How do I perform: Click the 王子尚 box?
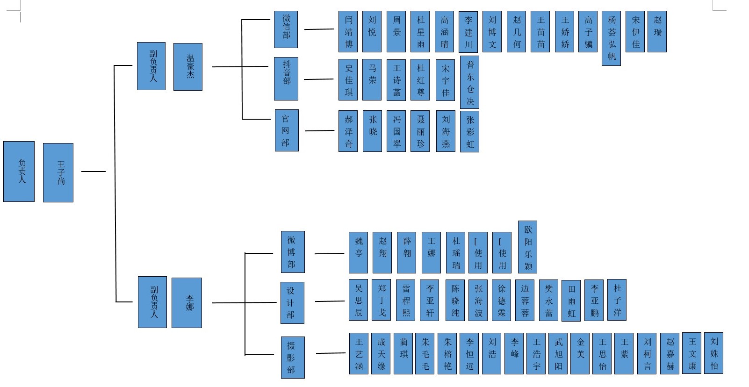click(58, 172)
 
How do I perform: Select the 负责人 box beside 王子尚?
click(19, 172)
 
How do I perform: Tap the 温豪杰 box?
click(188, 67)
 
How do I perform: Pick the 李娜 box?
click(187, 302)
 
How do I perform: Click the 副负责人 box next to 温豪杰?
click(151, 66)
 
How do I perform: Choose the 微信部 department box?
click(286, 29)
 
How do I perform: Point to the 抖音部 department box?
click(286, 79)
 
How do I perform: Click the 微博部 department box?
click(293, 252)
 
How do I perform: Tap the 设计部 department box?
click(292, 302)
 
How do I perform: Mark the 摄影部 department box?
click(293, 357)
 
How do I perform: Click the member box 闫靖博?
click(348, 31)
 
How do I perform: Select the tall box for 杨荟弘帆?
click(611, 38)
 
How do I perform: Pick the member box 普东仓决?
click(469, 82)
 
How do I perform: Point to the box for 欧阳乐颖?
click(528, 247)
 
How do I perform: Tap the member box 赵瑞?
click(657, 31)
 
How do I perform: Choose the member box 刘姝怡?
click(714, 353)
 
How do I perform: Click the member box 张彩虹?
click(469, 131)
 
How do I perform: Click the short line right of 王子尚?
click(94, 172)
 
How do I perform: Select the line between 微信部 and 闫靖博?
click(319, 29)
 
